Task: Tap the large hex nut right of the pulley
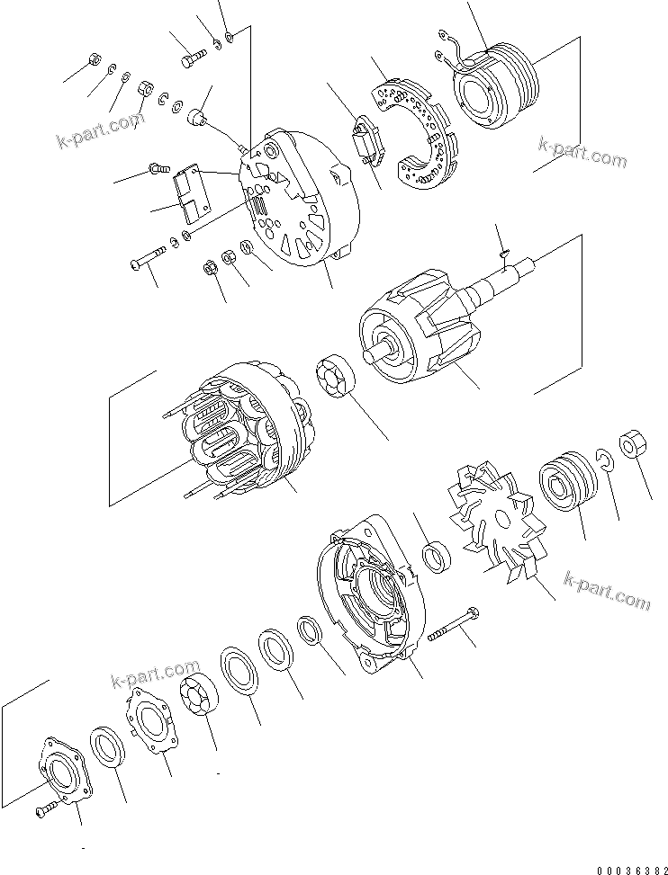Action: coord(634,444)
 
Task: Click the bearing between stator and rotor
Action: coord(338,379)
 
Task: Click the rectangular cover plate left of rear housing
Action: coord(191,193)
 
